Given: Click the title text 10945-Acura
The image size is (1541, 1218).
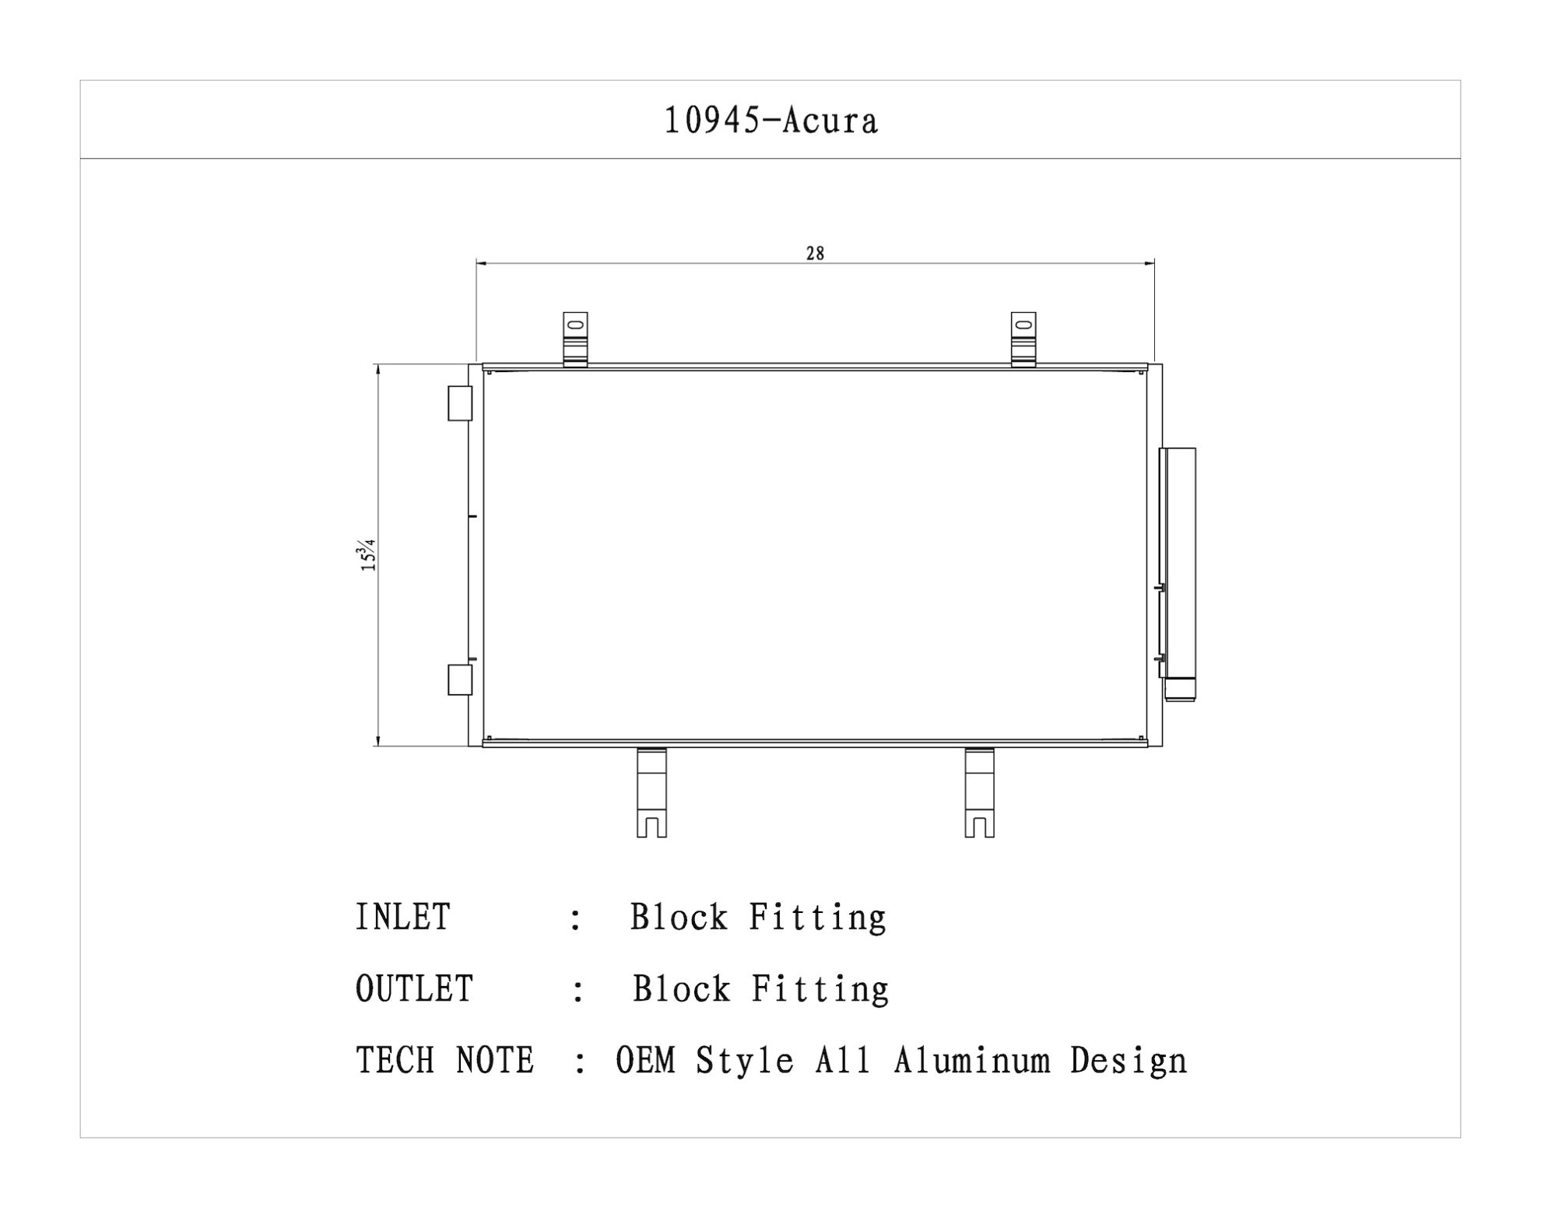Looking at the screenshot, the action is (770, 121).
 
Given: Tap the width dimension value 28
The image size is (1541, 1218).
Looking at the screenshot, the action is (815, 253).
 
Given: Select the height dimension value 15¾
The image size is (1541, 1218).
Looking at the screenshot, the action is (367, 555).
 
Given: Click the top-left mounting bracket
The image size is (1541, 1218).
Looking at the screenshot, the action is (575, 339).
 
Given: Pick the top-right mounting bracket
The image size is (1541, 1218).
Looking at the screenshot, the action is (1023, 339).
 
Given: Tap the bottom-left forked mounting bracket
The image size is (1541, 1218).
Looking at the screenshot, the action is (652, 792).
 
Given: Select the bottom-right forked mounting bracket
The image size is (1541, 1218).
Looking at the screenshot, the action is (980, 792).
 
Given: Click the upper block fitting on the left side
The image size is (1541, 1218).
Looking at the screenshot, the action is (460, 403).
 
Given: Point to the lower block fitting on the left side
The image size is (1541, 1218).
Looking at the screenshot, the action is (460, 679).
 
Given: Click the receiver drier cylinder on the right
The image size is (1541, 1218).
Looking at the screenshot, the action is (1178, 574).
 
